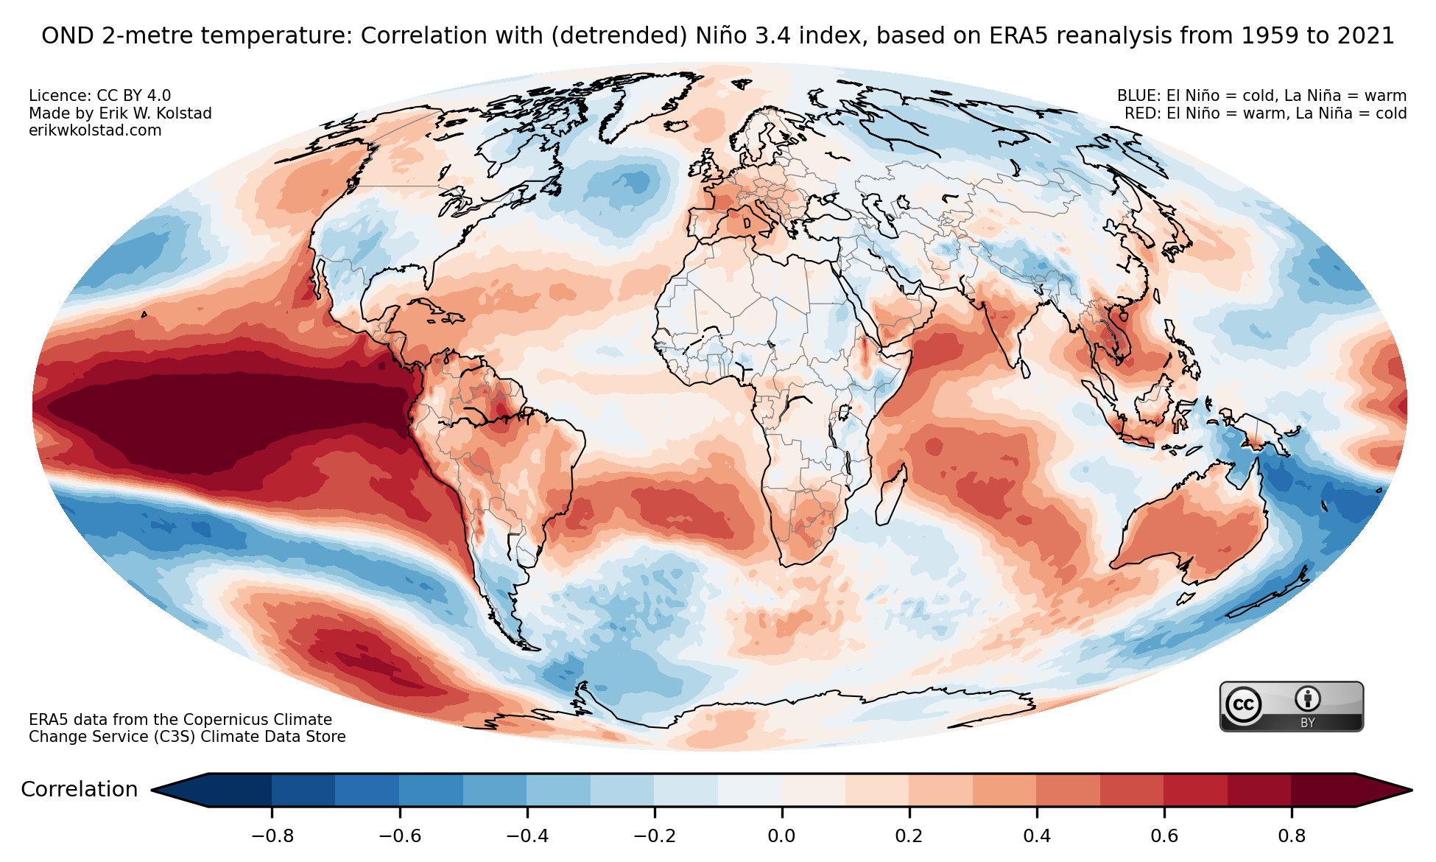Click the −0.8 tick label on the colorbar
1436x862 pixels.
[x=272, y=836]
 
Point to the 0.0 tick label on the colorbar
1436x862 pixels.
[x=781, y=836]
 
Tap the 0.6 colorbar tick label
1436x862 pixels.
[x=1164, y=836]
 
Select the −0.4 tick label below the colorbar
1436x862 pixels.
[x=527, y=836]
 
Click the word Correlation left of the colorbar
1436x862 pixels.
[x=79, y=790]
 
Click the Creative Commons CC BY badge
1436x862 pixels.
[x=1292, y=707]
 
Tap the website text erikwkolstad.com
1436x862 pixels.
[x=95, y=130]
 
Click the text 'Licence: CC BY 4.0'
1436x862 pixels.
[x=99, y=96]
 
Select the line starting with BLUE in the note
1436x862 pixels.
[x=1261, y=96]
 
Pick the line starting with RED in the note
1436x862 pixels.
[x=1265, y=113]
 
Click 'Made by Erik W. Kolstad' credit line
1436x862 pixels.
[x=120, y=113]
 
